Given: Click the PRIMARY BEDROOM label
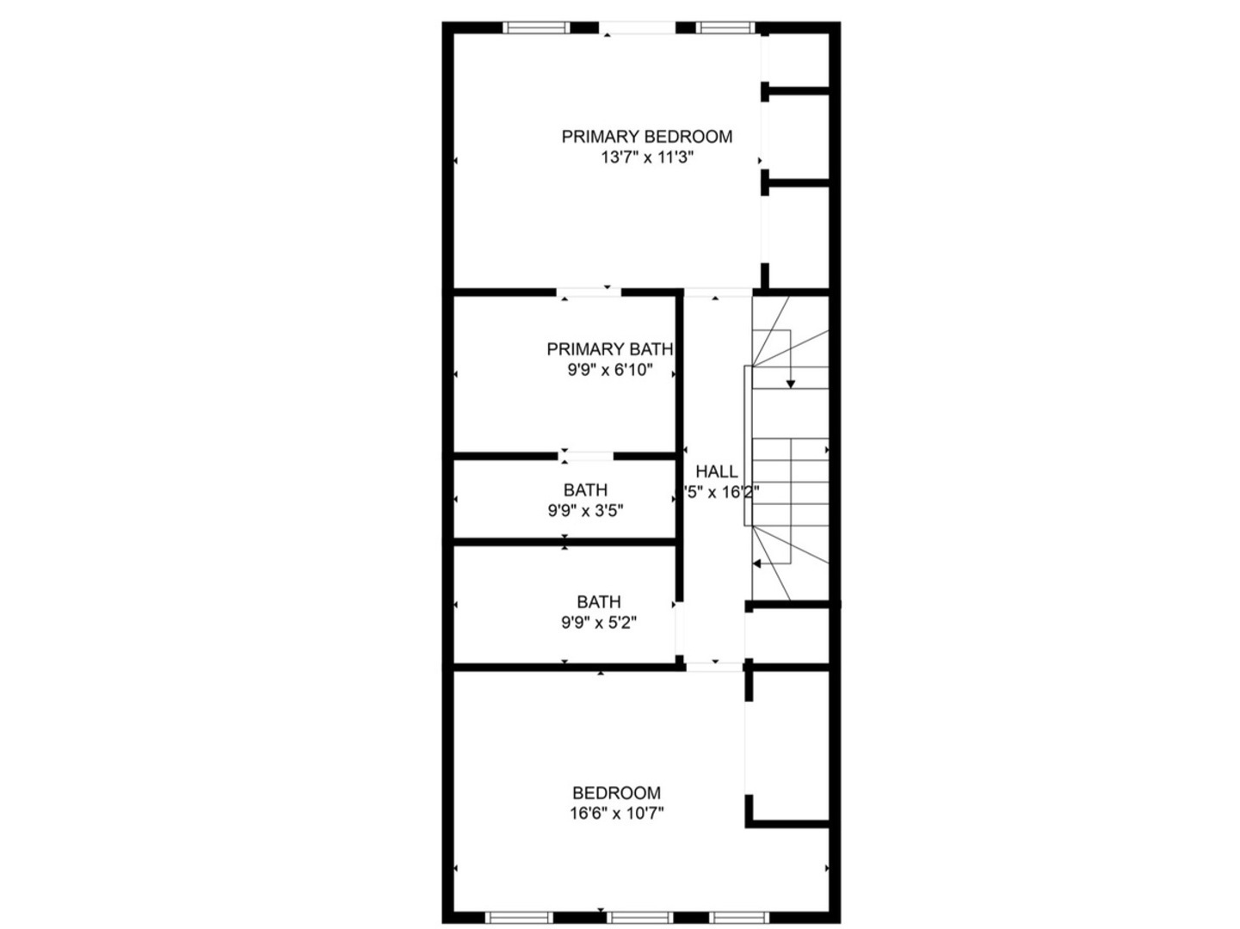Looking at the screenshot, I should [x=646, y=136].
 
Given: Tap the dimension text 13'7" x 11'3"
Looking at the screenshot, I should [x=646, y=157].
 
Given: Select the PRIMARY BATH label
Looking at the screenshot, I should [x=609, y=348].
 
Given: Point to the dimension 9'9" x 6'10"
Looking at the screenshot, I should [x=609, y=370].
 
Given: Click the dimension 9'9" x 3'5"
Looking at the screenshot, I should [x=585, y=510].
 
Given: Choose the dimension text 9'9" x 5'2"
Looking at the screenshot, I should [x=598, y=622].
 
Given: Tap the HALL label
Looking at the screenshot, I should [x=716, y=471].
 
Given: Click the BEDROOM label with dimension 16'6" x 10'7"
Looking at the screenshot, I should [x=616, y=792].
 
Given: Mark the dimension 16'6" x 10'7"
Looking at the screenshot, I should [x=616, y=813].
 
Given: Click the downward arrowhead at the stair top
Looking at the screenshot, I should [x=790, y=384].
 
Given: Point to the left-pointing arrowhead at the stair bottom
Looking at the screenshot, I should [x=757, y=563].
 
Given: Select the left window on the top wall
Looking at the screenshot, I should [x=536, y=28].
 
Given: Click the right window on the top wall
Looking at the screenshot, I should [x=725, y=28].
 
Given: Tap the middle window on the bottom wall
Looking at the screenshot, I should [x=639, y=917].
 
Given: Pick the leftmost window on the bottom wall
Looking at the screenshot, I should [x=518, y=917].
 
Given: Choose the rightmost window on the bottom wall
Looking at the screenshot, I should [x=737, y=917].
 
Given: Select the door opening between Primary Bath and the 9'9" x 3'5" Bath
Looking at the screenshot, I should [x=587, y=456].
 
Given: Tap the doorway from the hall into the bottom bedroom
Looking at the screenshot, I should [x=713, y=665].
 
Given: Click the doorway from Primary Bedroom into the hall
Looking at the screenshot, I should [x=718, y=293].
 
